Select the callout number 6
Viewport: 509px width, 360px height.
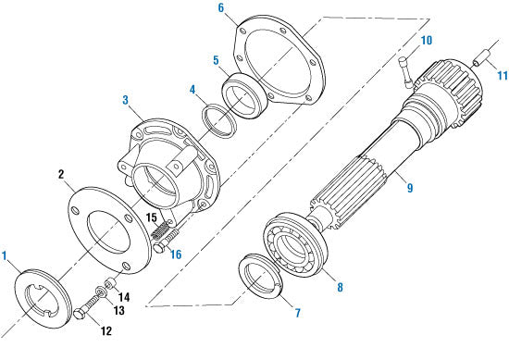pos(220,7)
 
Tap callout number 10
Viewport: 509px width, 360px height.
pos(427,41)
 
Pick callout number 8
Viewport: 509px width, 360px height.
pos(340,288)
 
